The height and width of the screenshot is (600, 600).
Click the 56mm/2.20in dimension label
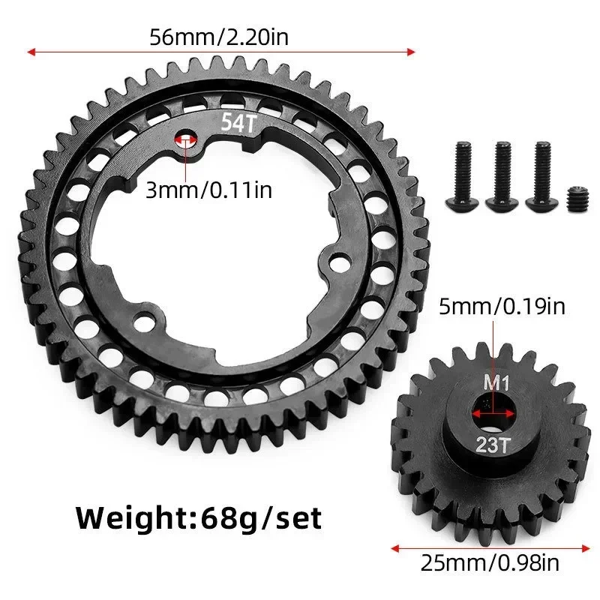tap(220, 36)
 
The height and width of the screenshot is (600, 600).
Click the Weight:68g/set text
tap(199, 517)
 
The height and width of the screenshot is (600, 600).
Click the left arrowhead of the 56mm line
tap(30, 52)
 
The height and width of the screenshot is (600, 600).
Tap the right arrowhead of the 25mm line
tap(585, 546)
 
